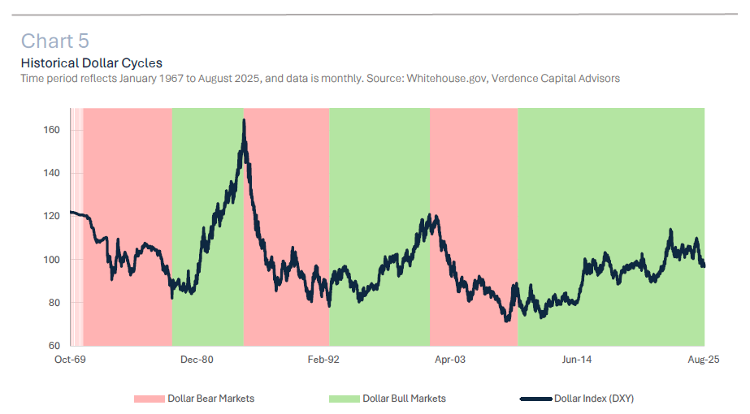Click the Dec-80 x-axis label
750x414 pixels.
click(x=197, y=359)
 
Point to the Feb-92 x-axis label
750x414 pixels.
click(x=323, y=359)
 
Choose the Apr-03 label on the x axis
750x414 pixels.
click(x=450, y=359)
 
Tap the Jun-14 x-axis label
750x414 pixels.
click(x=576, y=359)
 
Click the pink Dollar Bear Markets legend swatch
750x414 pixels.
click(x=150, y=399)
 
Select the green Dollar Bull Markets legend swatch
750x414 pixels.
click(x=344, y=399)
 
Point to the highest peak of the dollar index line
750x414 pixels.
click(x=244, y=120)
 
